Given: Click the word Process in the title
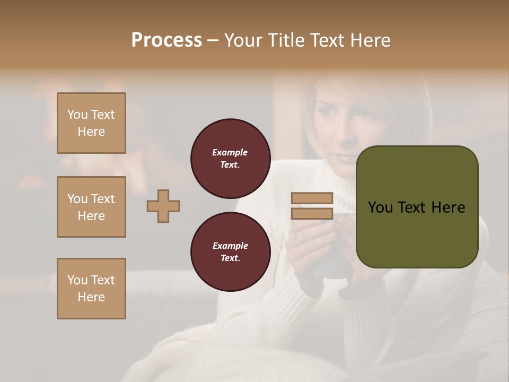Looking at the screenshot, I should pos(166,40).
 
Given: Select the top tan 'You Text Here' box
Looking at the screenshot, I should pos(91,123).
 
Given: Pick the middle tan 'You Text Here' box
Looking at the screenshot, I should pos(91,207).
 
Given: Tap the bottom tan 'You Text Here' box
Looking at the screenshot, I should pos(91,288).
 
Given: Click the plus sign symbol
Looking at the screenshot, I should pos(163,206).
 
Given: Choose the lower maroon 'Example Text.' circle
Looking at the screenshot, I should pos(230,251).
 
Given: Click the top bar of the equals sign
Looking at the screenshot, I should pos(312,198).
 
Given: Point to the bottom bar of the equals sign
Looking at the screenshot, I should pos(312,213).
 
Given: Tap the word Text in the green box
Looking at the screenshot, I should pos(414,207).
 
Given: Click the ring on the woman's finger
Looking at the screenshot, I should pos(299,240).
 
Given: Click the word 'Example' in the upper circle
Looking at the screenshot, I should pos(230,152).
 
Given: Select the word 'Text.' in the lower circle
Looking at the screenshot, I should pos(230,258).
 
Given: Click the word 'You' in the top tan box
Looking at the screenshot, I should pos(77,115).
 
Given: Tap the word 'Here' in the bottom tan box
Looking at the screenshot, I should pos(91,297).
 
